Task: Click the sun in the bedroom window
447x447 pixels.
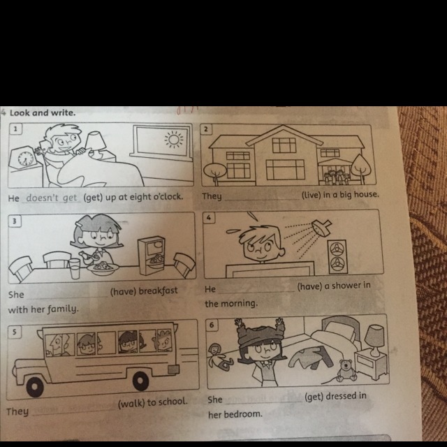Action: coord(174,140)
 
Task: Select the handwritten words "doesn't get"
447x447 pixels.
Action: coord(52,198)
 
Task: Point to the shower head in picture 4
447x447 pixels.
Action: coord(321,228)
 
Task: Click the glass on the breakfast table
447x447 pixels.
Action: coord(75,268)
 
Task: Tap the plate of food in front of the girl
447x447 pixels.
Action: coord(103,268)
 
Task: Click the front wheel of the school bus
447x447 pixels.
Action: coord(34,386)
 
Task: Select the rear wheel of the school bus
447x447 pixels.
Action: coord(140,381)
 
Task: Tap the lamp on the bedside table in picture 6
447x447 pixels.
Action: coord(374,340)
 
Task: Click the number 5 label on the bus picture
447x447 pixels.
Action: coord(15,332)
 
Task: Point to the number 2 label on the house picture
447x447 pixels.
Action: coord(206,129)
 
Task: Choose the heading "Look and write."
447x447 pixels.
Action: coord(43,113)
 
